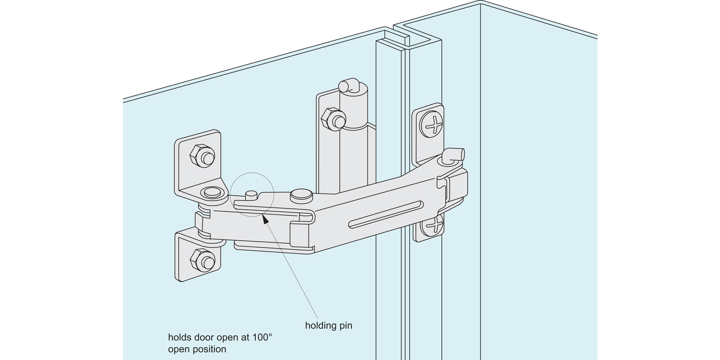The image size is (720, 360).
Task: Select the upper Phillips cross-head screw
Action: (432, 124)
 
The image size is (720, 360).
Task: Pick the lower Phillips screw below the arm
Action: (432, 225)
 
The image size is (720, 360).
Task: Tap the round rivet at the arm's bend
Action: (301, 194)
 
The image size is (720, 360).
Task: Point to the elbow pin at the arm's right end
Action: (454, 155)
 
